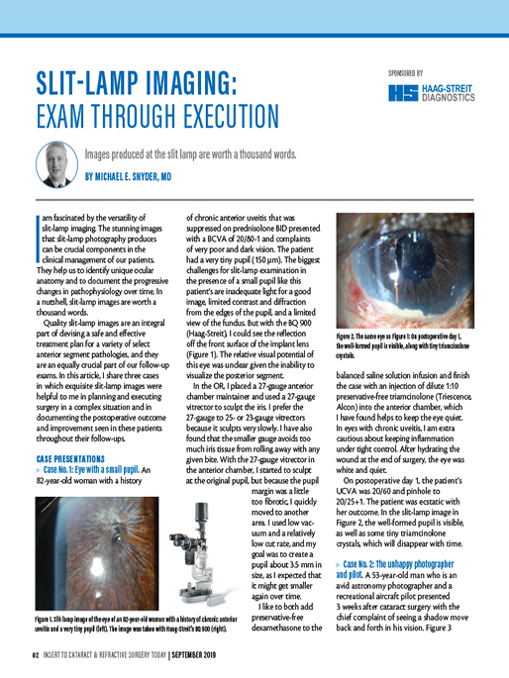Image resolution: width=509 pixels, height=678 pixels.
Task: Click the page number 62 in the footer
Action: [35, 655]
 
